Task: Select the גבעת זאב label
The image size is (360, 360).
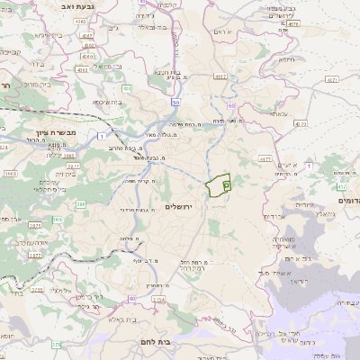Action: click(78, 7)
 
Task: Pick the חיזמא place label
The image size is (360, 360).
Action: click(286, 59)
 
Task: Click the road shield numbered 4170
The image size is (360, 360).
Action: click(301, 123)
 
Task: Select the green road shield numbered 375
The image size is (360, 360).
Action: click(56, 344)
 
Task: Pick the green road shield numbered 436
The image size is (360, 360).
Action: click(128, 88)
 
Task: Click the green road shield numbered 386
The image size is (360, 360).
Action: click(56, 219)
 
